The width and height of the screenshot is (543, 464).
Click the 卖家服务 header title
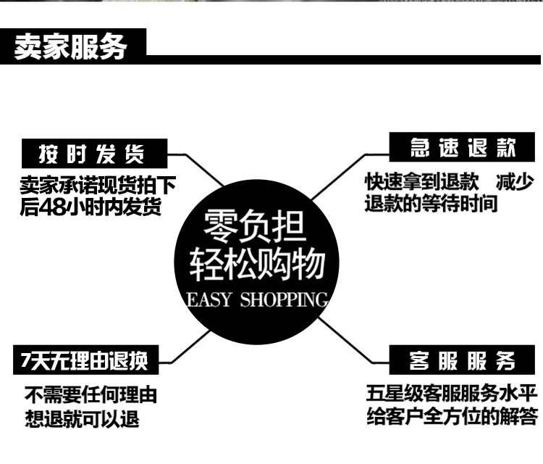[x=71, y=46]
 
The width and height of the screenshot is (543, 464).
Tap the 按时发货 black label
[x=92, y=154]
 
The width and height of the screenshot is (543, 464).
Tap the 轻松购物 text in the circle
[x=256, y=265]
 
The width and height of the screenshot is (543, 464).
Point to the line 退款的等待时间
[x=432, y=204]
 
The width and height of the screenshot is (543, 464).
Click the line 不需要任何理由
[x=91, y=396]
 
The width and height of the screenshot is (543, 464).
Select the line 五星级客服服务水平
[x=452, y=395]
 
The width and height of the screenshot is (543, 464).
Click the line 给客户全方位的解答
[x=452, y=418]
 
